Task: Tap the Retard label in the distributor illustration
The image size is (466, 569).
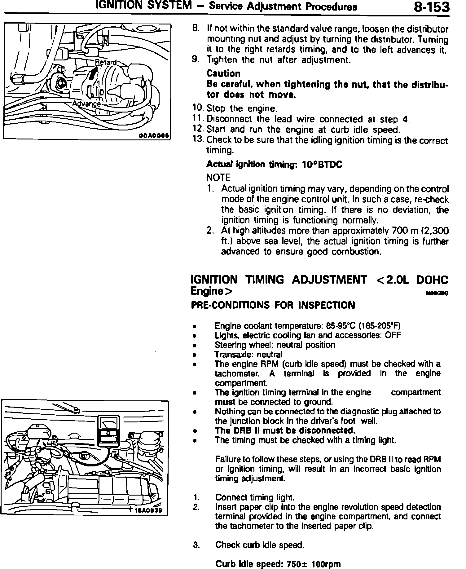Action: (106, 62)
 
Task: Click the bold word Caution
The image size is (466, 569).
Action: (223, 73)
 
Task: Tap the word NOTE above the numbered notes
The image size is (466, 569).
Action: (218, 178)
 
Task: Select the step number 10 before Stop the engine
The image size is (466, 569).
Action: (197, 108)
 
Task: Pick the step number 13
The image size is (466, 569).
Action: (197, 139)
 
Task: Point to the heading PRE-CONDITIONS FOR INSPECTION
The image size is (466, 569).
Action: (273, 305)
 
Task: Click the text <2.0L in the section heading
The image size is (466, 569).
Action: (392, 280)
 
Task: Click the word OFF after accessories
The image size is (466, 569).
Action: (393, 335)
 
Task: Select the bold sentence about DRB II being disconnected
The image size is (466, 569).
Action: (285, 430)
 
